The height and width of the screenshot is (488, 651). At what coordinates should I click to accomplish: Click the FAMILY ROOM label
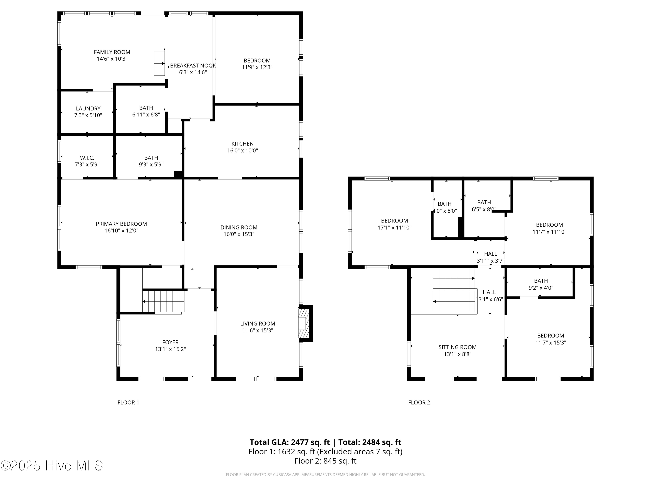tap(112, 52)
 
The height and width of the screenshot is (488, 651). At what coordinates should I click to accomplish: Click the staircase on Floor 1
tap(163, 301)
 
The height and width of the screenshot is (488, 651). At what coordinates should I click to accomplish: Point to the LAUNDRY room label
tap(88, 108)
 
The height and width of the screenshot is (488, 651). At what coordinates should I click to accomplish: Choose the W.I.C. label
tap(87, 158)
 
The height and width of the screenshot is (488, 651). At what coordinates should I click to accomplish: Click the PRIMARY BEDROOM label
tap(121, 224)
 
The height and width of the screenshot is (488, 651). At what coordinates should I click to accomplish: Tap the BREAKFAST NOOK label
tap(193, 66)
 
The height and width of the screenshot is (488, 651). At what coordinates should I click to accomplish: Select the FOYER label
tap(170, 342)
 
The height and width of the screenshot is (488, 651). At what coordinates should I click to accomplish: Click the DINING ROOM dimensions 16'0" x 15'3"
tap(239, 234)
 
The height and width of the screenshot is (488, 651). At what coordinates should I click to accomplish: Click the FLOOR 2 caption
tap(419, 402)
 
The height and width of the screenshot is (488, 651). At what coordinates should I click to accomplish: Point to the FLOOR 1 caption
tap(128, 402)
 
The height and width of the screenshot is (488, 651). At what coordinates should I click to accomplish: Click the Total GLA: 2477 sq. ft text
tap(290, 442)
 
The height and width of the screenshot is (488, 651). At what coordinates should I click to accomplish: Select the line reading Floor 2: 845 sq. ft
tap(325, 461)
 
